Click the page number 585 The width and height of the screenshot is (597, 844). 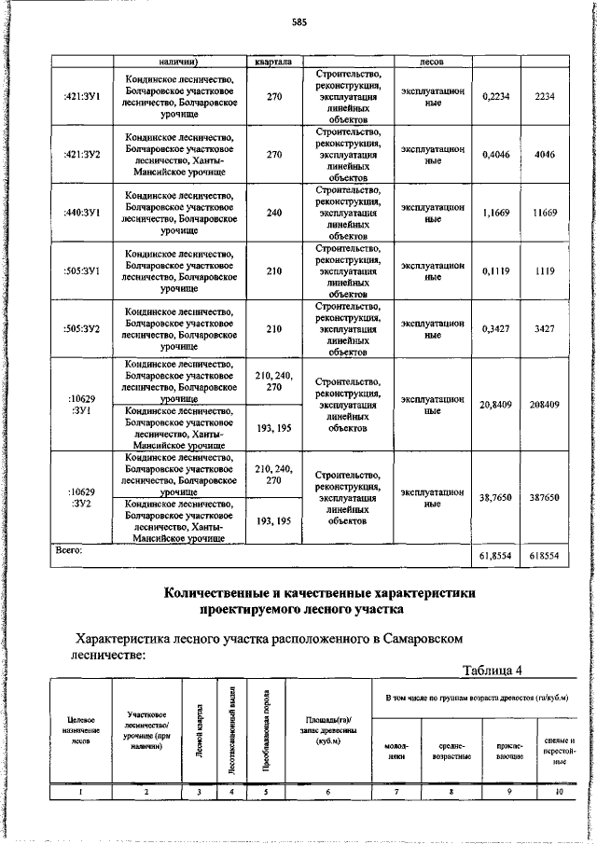coord(298,21)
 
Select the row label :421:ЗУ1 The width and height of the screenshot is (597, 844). coord(81,95)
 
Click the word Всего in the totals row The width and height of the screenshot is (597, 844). coord(69,552)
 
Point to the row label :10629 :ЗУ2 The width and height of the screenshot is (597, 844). coord(81,498)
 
